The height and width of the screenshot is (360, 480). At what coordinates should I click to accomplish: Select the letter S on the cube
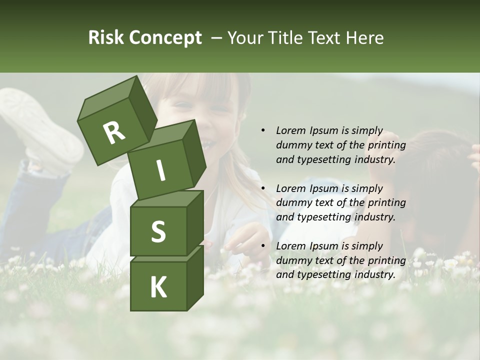(x=158, y=231)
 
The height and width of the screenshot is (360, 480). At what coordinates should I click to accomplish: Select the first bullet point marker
(x=263, y=131)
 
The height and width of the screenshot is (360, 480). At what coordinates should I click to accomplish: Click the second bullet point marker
(x=263, y=188)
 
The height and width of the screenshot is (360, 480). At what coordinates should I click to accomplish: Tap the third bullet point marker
(x=263, y=246)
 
